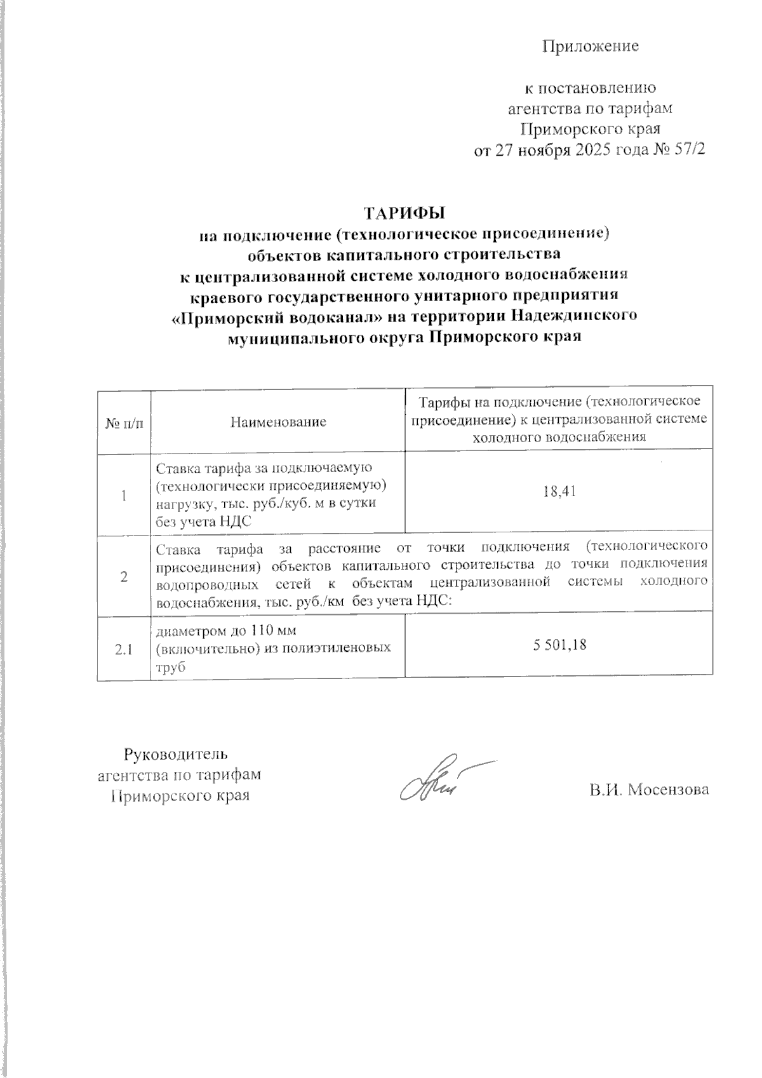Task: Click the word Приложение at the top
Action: (590, 46)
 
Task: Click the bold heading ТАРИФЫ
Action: (404, 212)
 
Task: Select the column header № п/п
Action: (124, 422)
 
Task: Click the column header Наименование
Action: (277, 422)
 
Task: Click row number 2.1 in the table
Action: (123, 649)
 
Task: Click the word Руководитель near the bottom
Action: (175, 755)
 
